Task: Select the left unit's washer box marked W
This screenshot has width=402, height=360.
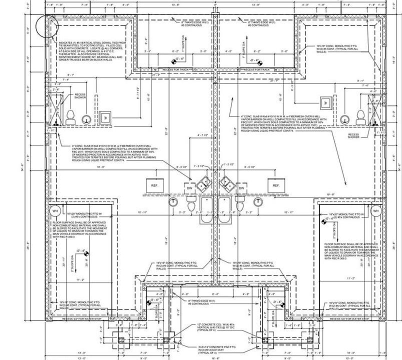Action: pos(105,118)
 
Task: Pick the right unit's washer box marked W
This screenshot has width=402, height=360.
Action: pos(325,102)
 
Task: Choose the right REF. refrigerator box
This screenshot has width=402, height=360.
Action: pos(275,185)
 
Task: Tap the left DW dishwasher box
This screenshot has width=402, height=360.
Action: pos(190,188)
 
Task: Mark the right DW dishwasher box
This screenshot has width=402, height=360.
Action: pos(241,188)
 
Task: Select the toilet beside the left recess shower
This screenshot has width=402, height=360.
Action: pos(70,117)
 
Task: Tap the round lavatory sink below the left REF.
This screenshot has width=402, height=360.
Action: pos(173,202)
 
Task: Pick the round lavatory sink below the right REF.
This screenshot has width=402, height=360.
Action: pos(257,202)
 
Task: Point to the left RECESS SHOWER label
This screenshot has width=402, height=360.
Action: pos(80,96)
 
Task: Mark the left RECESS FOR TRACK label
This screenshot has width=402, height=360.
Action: pos(172,69)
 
